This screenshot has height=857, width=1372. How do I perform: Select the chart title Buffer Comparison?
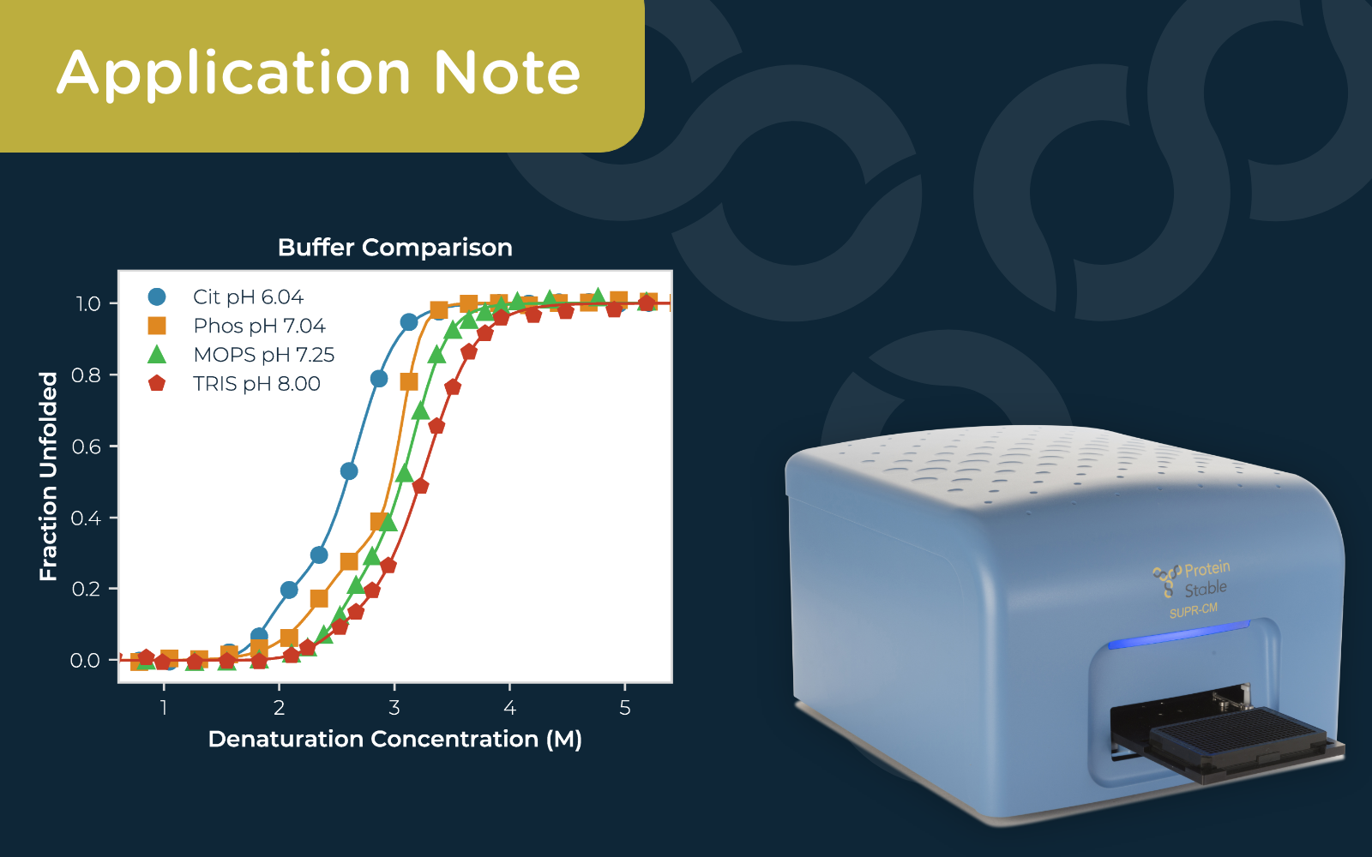click(x=394, y=248)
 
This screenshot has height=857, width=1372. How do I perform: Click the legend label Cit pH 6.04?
click(x=248, y=297)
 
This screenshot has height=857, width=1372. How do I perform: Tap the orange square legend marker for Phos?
click(x=157, y=326)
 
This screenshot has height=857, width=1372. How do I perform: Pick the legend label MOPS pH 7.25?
click(x=263, y=355)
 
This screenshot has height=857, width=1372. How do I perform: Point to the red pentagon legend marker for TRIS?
click(x=157, y=383)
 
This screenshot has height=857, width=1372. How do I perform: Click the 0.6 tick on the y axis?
click(x=86, y=446)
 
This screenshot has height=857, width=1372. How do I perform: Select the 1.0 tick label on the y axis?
click(x=87, y=304)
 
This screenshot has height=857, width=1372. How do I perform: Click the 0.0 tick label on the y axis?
click(x=85, y=661)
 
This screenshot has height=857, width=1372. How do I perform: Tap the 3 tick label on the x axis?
click(x=394, y=708)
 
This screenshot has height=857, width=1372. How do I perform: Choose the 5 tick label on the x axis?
click(x=624, y=708)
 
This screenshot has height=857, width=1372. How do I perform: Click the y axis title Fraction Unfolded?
click(x=49, y=476)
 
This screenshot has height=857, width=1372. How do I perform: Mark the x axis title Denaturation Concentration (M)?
click(x=394, y=739)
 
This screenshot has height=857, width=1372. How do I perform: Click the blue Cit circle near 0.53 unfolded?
click(x=349, y=471)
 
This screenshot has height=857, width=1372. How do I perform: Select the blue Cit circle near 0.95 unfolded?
click(x=409, y=322)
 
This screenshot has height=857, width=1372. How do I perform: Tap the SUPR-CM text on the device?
click(x=1193, y=611)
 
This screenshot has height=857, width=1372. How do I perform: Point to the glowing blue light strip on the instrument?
click(x=1179, y=634)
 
